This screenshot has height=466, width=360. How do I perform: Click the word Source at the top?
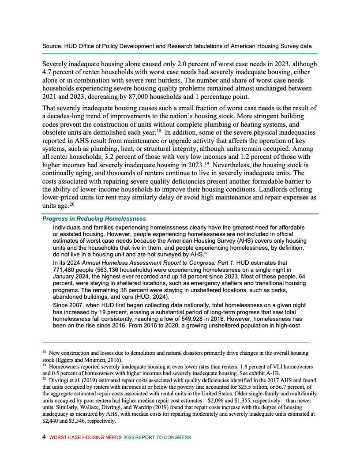click(x=52, y=46)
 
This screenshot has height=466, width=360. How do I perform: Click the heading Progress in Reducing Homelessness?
click(x=94, y=219)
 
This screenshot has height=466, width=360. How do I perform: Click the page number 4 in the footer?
click(x=44, y=437)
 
